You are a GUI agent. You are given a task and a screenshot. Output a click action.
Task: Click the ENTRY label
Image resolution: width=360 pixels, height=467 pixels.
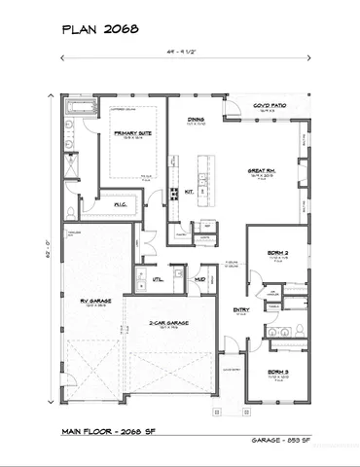click(240, 310)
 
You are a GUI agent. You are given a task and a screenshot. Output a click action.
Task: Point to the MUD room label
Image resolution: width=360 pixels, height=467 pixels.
click(199, 279)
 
